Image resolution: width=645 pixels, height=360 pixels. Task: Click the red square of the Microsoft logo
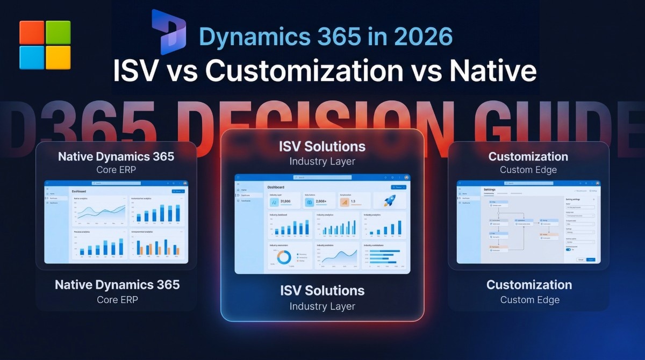[x=32, y=33]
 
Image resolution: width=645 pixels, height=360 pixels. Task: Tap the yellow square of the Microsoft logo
[x=58, y=57]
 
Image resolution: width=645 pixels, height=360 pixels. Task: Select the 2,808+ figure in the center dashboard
[x=321, y=202]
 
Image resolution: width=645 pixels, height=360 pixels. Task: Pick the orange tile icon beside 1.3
[x=345, y=202]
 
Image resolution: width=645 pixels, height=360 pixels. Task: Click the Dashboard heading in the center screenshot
[x=276, y=187]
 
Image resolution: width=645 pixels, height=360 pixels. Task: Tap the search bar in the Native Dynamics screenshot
[x=116, y=183]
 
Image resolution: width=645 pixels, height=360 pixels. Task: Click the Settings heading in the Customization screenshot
[x=490, y=190]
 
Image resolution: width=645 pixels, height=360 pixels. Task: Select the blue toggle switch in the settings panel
[x=568, y=249]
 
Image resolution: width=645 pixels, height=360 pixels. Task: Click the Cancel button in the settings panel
[x=580, y=260]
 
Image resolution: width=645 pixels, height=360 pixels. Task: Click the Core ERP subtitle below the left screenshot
[x=117, y=299]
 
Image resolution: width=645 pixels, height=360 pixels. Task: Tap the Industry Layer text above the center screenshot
[x=322, y=161]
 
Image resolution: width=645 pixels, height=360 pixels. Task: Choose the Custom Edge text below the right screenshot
[x=529, y=300]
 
